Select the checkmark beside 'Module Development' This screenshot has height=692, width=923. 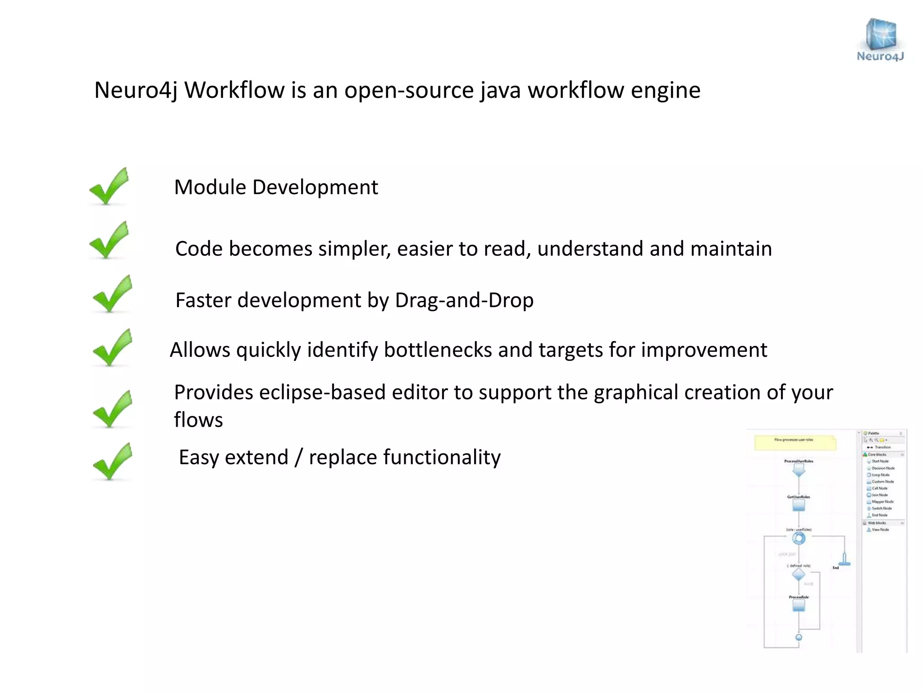[110, 187]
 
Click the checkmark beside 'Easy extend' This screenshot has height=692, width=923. [112, 462]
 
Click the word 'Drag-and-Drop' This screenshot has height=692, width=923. [464, 300]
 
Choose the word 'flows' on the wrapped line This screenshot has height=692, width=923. [198, 420]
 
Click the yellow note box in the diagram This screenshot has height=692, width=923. [795, 442]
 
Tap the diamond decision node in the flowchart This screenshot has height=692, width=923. [799, 574]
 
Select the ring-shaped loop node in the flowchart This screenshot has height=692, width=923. [799, 538]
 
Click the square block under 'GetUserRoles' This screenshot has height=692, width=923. [799, 505]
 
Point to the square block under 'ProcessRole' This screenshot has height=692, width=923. [799, 606]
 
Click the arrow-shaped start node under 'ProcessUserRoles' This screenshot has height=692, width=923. [799, 470]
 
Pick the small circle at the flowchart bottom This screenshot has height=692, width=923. [799, 637]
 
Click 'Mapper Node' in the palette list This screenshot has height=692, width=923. [882, 501]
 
